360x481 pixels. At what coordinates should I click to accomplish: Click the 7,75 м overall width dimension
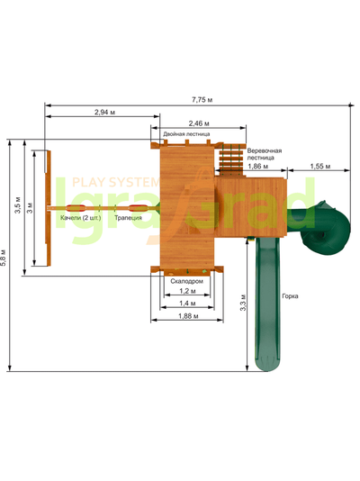[202, 100]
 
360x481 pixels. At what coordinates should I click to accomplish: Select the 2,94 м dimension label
[104, 113]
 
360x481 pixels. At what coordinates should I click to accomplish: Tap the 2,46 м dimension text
[199, 123]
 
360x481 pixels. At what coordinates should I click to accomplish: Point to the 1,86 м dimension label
[257, 167]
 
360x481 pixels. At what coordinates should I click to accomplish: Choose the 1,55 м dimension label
[320, 167]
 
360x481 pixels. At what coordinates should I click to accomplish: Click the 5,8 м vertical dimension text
[3, 258]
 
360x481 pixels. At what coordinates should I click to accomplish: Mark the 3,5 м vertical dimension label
[18, 205]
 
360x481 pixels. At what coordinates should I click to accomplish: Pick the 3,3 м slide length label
[243, 303]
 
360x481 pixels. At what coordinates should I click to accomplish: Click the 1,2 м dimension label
[187, 291]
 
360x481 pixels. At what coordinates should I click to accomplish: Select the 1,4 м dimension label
[187, 304]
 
